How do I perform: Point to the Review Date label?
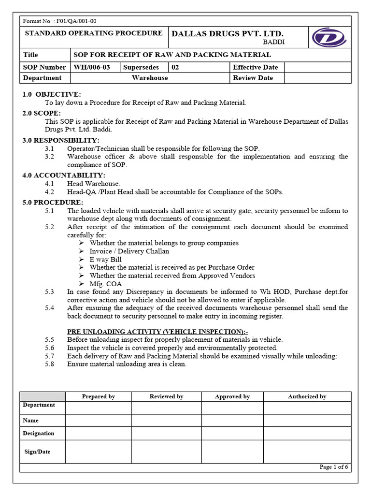point(253,78)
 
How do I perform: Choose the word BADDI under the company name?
point(274,42)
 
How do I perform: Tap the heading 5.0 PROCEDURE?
point(53,202)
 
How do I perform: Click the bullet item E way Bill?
point(105,259)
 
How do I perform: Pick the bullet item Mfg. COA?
point(106,284)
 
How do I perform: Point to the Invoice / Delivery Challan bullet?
point(129,251)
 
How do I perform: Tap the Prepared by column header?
point(98,396)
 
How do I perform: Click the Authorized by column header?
point(307,396)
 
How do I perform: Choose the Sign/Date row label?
point(37,452)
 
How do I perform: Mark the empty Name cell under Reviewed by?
point(166,421)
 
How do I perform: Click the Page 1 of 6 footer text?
point(334,467)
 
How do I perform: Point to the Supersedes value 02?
point(175,67)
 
